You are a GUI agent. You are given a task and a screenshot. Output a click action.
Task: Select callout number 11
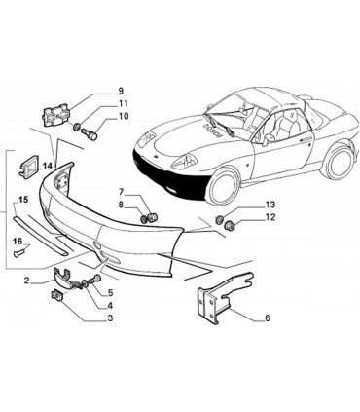(123, 104)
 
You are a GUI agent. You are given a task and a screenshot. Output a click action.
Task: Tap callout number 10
(123, 117)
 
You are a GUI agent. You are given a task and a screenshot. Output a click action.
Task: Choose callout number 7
(122, 191)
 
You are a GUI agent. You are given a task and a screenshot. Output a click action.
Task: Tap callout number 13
(270, 205)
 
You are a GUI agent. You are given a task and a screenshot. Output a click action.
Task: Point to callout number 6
(266, 318)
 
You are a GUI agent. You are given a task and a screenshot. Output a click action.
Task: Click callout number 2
(26, 281)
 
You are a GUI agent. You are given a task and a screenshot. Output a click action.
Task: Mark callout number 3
(109, 318)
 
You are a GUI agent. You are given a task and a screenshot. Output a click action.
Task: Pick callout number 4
(109, 305)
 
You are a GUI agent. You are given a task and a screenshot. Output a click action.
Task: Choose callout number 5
(109, 292)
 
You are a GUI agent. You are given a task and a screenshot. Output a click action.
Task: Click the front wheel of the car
(223, 185)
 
